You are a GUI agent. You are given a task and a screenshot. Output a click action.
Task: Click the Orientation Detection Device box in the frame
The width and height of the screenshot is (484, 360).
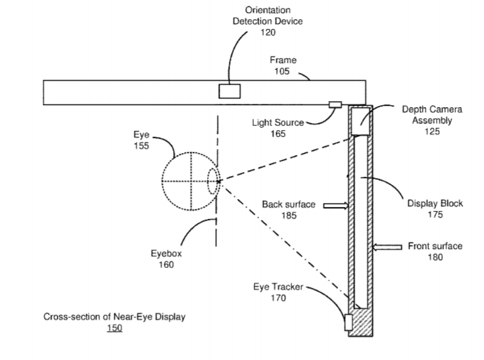(230, 91)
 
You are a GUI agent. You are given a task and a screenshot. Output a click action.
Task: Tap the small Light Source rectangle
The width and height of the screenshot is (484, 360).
(335, 104)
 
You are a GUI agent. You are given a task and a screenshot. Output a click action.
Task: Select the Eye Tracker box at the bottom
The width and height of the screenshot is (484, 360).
(349, 321)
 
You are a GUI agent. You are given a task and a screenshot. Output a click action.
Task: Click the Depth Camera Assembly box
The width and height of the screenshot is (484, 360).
(360, 122)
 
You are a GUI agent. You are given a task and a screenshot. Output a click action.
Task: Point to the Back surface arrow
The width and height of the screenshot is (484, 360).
(335, 205)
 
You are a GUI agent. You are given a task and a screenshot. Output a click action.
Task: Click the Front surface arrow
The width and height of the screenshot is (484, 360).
(387, 247)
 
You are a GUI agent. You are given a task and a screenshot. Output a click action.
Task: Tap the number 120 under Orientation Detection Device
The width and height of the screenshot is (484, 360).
(268, 33)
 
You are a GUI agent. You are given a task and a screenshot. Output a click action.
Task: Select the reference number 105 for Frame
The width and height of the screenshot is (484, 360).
(282, 71)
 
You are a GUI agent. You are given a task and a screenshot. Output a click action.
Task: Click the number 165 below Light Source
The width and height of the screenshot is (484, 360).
(278, 133)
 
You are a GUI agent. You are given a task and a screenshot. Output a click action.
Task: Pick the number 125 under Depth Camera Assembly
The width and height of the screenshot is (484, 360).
(432, 131)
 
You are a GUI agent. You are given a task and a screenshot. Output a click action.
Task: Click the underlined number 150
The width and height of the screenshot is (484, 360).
(114, 327)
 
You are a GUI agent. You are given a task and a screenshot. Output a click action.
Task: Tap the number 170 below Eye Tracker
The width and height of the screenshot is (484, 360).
(278, 298)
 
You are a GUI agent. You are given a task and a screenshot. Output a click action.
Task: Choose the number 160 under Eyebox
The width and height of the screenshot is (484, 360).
(166, 265)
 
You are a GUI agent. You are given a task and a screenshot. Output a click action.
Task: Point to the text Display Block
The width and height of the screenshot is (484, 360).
(435, 204)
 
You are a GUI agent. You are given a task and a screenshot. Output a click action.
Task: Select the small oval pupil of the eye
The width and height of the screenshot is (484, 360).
(212, 181)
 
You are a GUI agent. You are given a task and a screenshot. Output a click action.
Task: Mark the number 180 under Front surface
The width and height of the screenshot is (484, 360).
(435, 257)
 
